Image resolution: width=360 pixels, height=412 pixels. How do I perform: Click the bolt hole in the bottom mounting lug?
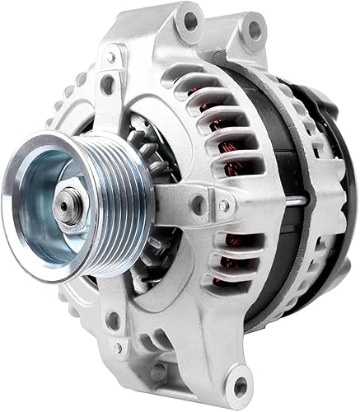coord(240,384)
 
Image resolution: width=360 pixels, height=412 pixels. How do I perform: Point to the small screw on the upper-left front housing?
coord(110,59)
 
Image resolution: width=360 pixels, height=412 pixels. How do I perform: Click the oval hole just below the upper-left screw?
coord(106,83)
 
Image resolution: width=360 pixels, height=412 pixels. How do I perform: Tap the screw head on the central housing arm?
coord(223,206)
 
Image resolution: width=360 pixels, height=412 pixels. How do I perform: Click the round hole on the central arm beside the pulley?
coord(197,201)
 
